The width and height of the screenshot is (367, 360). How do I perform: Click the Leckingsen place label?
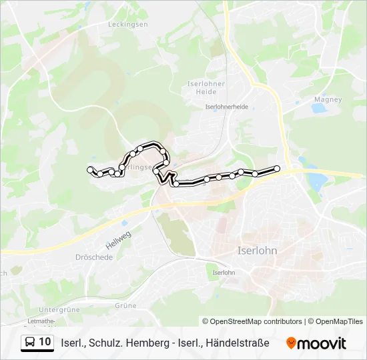point(127,24)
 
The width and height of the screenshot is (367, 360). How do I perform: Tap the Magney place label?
point(328,99)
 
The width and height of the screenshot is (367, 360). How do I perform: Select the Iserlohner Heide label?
point(207,87)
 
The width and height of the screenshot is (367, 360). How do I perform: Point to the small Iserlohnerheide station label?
point(227,107)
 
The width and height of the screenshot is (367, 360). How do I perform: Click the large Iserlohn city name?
point(257,251)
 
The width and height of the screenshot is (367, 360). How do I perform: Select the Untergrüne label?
point(59,309)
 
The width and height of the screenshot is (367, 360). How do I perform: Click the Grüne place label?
point(125,305)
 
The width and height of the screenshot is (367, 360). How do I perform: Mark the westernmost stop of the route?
point(90,170)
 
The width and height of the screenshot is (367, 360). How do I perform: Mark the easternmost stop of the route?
point(277,168)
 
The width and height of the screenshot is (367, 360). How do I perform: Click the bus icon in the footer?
point(31,343)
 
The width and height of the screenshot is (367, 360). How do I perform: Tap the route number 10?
point(45,342)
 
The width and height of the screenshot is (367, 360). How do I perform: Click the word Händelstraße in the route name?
point(238,343)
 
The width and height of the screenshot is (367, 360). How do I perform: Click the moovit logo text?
point(322,343)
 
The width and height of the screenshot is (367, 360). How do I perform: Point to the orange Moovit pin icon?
point(291,343)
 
